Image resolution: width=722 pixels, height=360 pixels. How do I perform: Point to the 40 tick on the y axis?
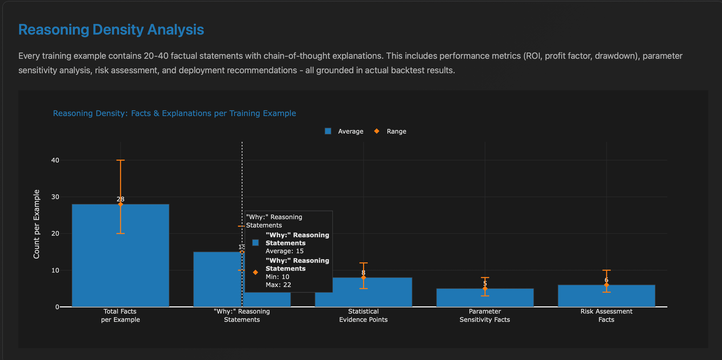(x=55, y=160)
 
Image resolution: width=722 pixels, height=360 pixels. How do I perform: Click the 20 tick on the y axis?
(x=55, y=233)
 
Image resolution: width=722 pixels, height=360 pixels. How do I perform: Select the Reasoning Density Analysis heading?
(x=111, y=29)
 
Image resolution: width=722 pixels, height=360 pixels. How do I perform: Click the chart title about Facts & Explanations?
(x=174, y=113)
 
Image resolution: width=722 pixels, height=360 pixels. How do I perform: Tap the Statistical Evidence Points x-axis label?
(x=363, y=315)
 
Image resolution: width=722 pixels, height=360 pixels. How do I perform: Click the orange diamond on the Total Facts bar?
(x=120, y=204)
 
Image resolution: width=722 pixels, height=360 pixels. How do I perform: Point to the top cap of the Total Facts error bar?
(x=120, y=160)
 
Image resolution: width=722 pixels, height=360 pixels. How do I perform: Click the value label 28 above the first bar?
(x=120, y=199)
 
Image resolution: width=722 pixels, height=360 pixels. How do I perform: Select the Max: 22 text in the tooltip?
(x=278, y=285)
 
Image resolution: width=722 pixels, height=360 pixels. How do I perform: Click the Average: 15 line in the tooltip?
(x=284, y=251)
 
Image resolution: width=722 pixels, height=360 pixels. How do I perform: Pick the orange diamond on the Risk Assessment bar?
(x=606, y=285)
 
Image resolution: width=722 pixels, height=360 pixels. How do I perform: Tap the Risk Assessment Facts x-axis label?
(x=606, y=315)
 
